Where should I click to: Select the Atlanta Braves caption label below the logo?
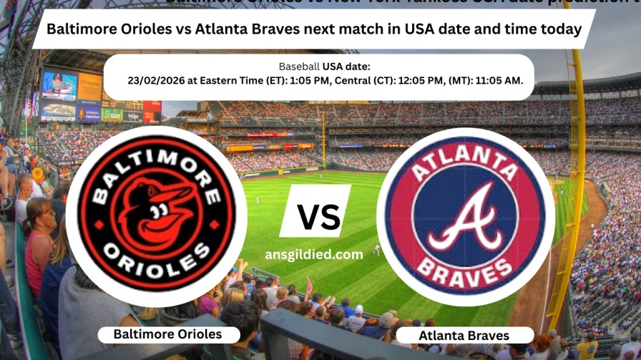click(464, 335)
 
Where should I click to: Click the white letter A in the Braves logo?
click(466, 218)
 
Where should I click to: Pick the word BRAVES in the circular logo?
click(465, 271)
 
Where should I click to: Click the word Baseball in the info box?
click(299, 67)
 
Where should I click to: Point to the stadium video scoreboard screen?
click(59, 86)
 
